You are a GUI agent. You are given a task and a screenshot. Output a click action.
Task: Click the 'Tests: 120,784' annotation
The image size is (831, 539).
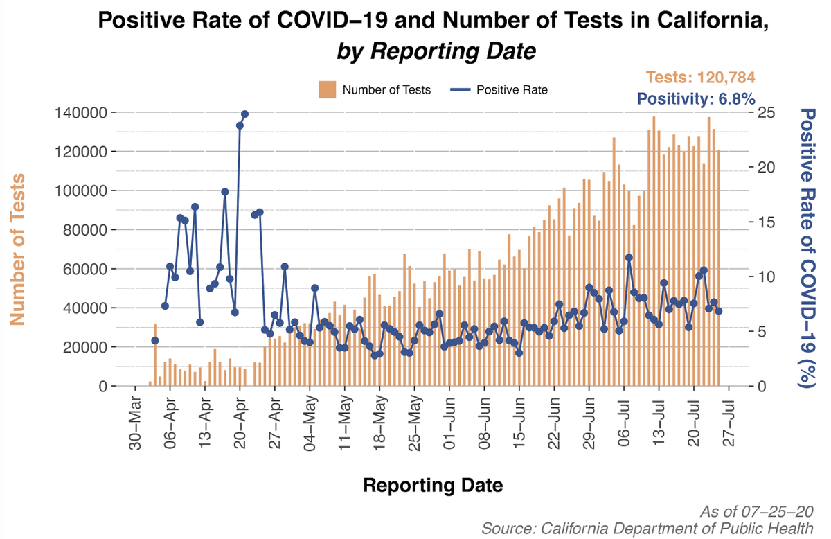700,78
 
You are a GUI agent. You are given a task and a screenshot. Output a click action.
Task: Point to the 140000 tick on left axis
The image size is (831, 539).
76,113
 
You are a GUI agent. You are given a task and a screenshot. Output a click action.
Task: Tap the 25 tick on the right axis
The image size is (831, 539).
767,113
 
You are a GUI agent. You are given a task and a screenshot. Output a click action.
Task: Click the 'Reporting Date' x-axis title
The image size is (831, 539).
433,486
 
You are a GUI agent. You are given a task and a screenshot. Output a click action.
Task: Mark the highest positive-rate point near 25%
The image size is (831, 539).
244,114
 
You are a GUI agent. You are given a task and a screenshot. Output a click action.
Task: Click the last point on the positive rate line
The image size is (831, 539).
719,311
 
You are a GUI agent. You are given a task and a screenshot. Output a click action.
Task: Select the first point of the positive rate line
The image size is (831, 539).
155,340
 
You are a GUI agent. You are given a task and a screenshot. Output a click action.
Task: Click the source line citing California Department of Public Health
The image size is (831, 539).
647,528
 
